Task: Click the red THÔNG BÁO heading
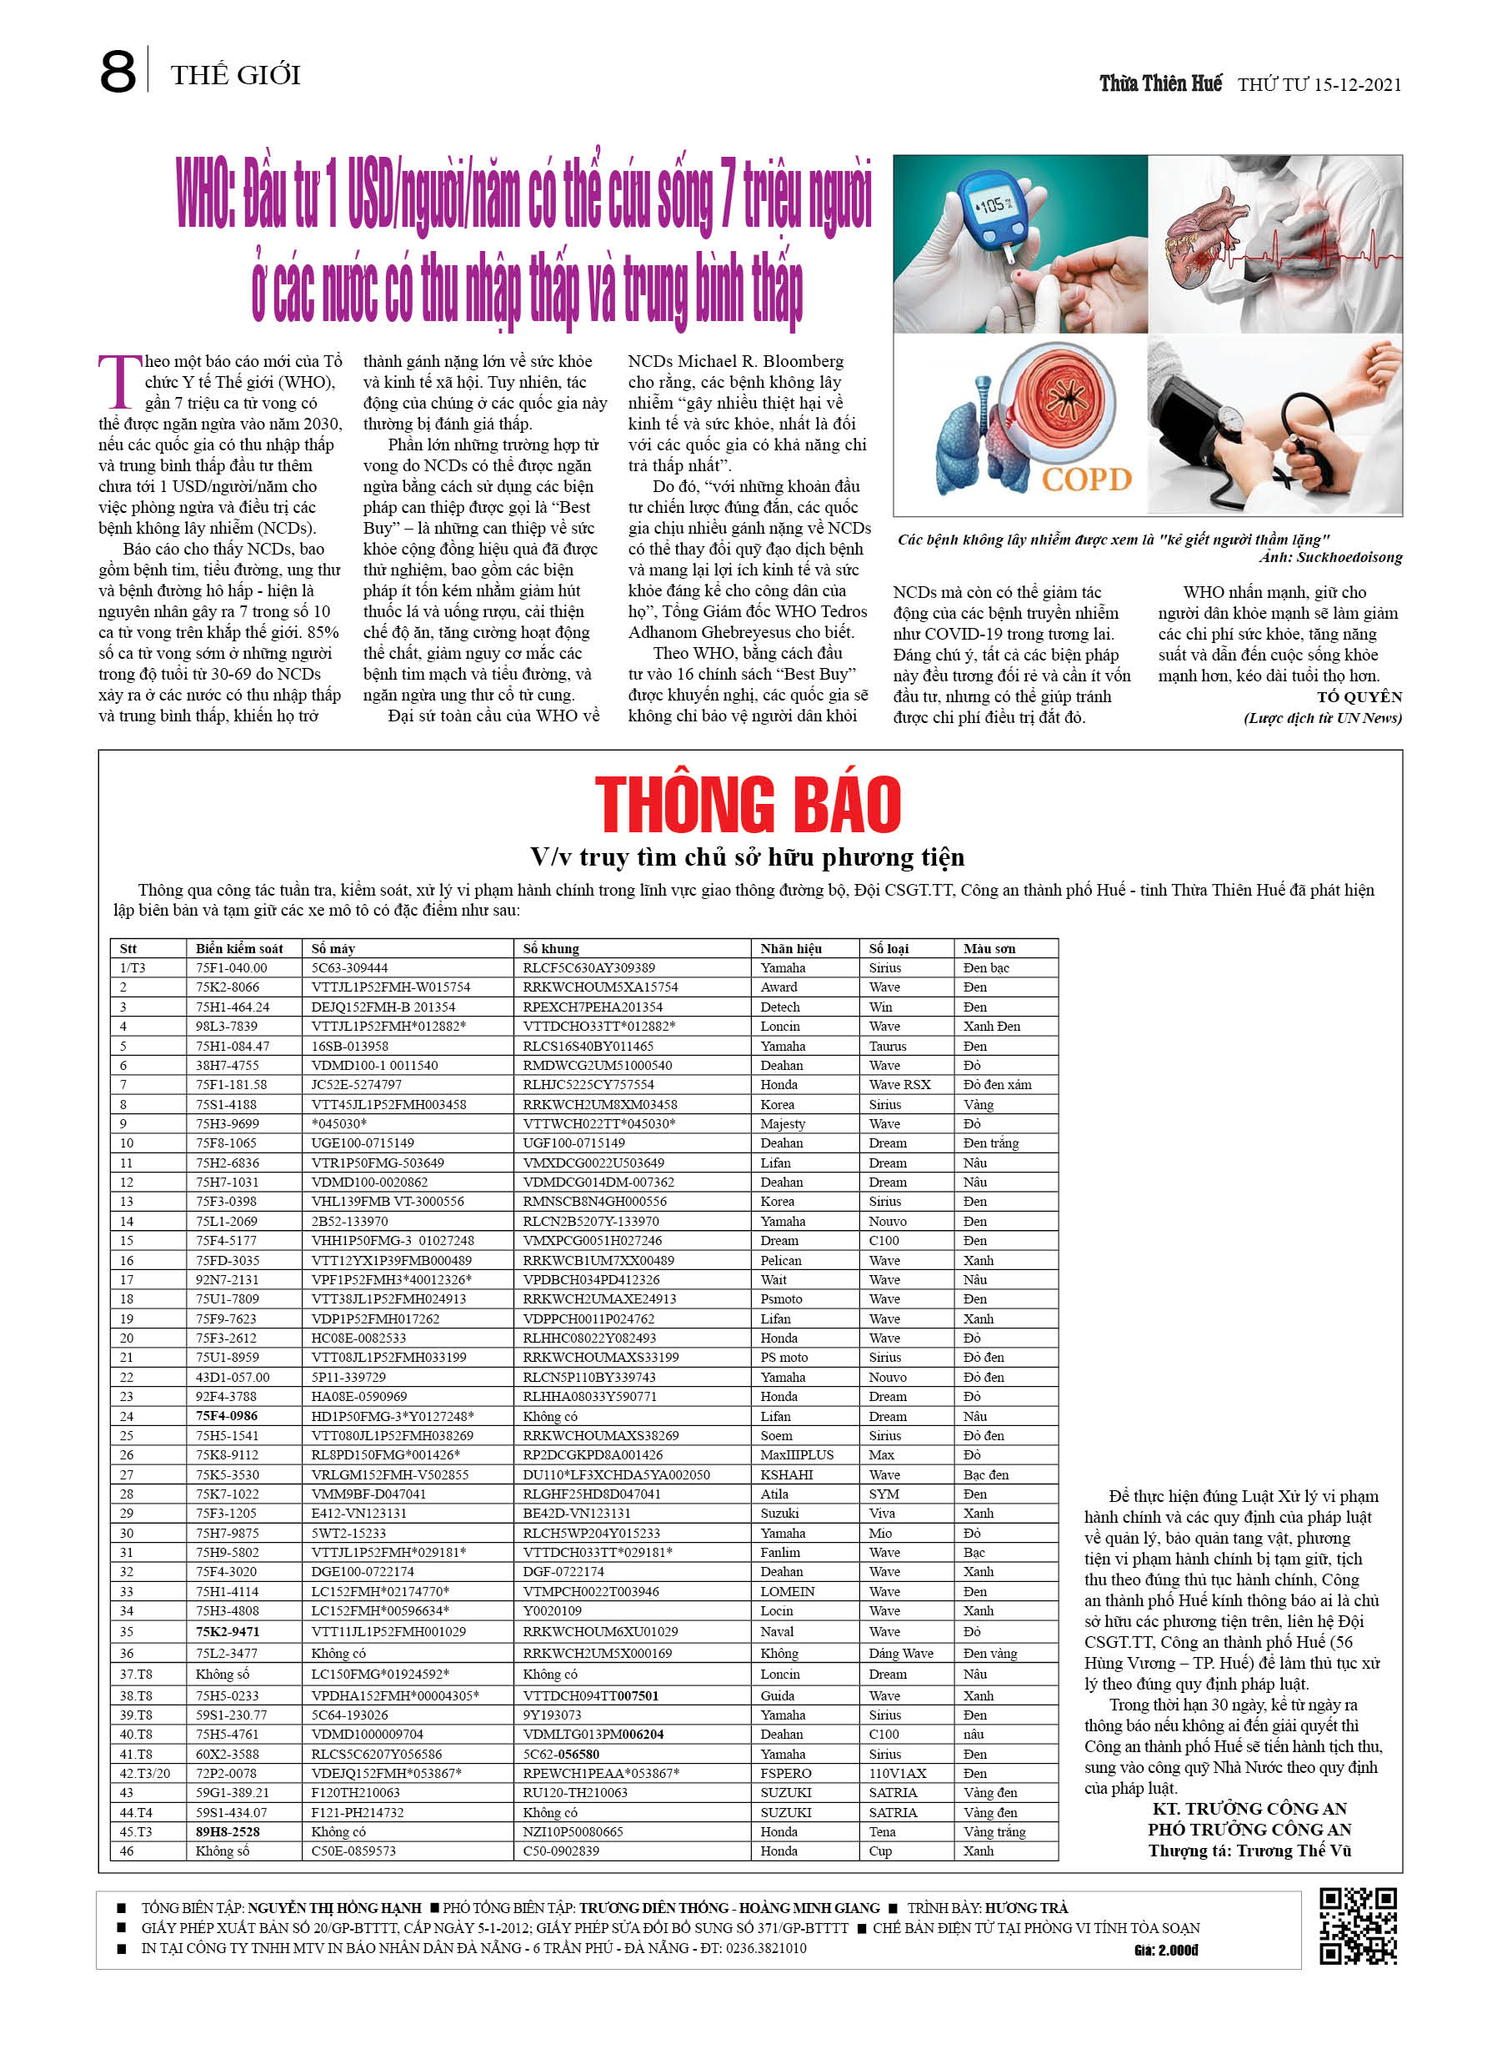tap(748, 805)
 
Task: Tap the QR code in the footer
tap(1358, 1926)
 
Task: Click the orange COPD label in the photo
tap(1086, 479)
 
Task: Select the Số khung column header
tap(551, 948)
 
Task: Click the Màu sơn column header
tap(989, 948)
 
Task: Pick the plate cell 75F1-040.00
tap(232, 967)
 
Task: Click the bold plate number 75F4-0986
tap(227, 1416)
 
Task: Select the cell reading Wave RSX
tap(899, 1084)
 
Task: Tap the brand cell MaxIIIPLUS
tap(797, 1454)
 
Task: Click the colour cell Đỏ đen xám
tap(998, 1084)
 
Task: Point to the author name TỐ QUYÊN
tap(1359, 697)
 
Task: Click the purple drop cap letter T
tap(120, 380)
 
